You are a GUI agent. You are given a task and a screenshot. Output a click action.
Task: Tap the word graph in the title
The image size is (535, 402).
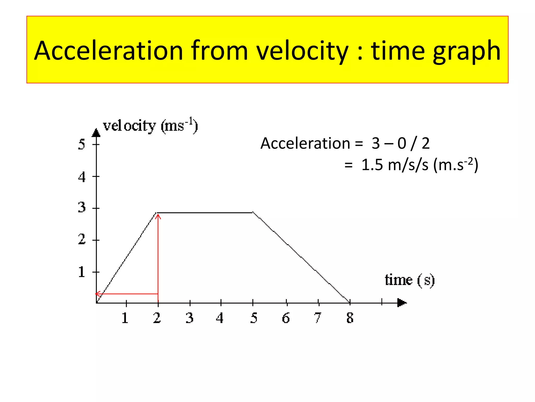467,51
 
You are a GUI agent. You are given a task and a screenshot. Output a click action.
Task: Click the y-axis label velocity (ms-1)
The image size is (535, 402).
150,126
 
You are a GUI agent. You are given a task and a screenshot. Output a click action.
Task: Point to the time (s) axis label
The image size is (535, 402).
409,280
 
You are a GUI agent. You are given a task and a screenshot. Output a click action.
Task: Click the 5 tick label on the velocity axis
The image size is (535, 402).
82,144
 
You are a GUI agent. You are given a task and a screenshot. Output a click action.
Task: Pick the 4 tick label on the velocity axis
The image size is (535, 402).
82,177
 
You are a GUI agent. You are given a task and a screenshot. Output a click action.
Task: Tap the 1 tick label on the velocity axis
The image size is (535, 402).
82,272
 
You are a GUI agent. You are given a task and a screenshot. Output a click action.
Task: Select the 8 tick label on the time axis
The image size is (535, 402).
350,318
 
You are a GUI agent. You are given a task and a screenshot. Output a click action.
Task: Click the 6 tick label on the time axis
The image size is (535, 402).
286,318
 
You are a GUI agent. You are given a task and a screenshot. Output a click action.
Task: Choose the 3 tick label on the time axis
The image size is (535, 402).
189,318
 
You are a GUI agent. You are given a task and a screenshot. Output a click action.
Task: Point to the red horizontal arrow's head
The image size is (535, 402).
96,294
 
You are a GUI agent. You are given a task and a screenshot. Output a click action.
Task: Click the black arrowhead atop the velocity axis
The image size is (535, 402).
96,133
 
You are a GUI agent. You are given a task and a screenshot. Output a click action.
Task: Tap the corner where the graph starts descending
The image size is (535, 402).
253,213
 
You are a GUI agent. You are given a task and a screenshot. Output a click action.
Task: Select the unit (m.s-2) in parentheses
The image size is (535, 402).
456,165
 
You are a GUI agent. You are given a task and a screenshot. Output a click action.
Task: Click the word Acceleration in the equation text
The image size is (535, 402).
305,143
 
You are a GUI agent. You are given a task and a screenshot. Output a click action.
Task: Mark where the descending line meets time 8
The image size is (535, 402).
350,302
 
